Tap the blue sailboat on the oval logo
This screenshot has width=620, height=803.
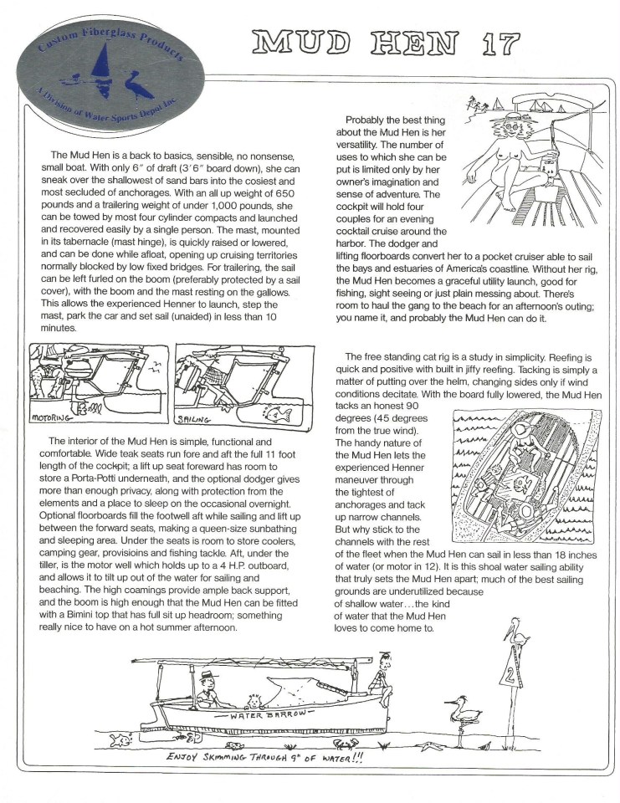pyautogui.click(x=102, y=63)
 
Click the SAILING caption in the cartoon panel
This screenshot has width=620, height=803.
pyautogui.click(x=196, y=417)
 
